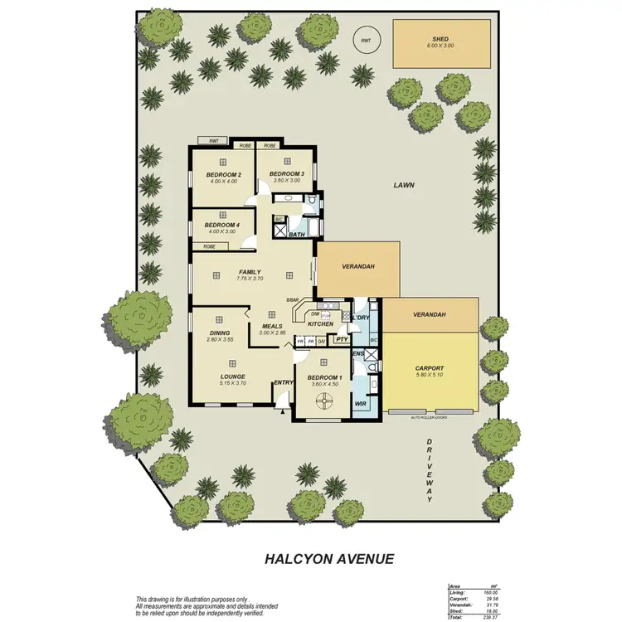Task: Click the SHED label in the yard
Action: tap(440, 38)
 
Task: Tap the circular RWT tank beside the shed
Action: tap(364, 38)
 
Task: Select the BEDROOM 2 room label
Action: tap(223, 174)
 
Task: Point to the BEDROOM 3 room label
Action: tap(287, 173)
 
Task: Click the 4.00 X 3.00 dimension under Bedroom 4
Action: tap(221, 231)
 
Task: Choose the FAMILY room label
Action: tap(250, 272)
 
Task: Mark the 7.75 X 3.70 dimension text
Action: tap(250, 279)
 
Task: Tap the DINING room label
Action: tap(219, 333)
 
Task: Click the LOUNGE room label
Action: tap(232, 376)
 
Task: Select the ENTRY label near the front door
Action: tap(284, 382)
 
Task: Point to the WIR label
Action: tap(361, 404)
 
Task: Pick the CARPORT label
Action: tap(430, 368)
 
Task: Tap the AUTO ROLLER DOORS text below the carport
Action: tap(429, 418)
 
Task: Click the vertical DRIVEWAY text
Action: tap(430, 469)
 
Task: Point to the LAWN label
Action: tap(404, 186)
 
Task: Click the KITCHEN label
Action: tap(320, 324)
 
